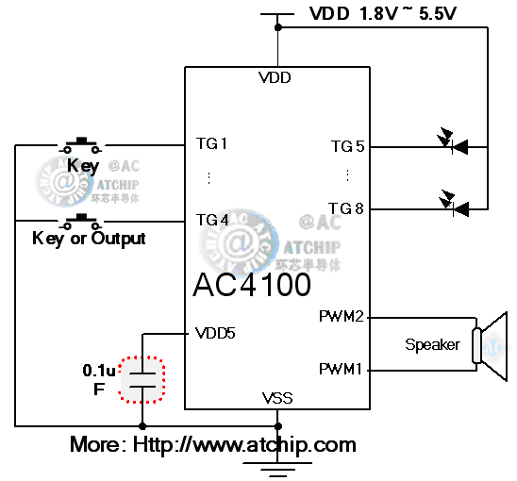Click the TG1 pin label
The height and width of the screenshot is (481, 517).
click(211, 144)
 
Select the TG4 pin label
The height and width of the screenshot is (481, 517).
click(211, 220)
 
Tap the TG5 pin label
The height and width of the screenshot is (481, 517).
click(347, 146)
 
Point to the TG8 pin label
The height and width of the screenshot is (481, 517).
click(347, 208)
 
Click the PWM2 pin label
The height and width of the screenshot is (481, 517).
click(341, 317)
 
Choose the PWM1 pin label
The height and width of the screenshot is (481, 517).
click(341, 369)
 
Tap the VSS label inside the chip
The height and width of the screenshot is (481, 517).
click(277, 398)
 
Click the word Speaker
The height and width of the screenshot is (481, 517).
click(432, 344)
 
